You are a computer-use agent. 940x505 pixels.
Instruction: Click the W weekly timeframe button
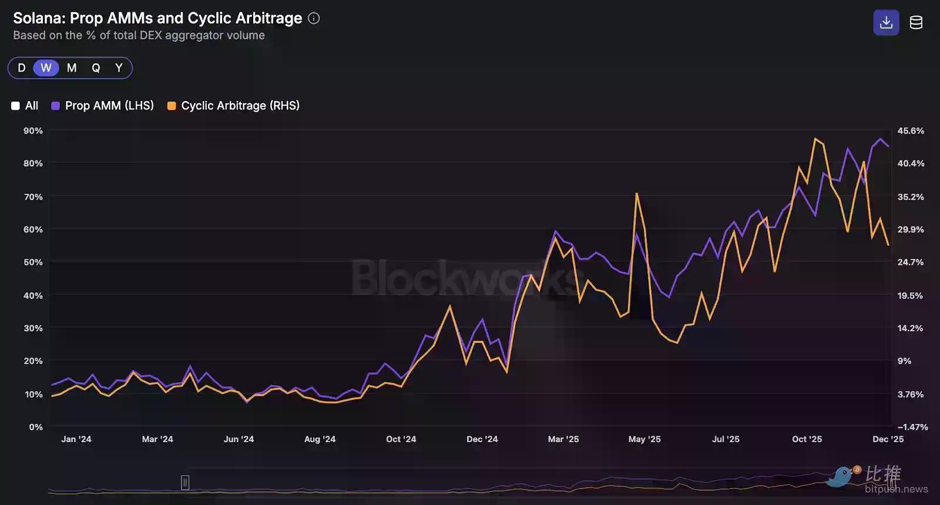click(46, 68)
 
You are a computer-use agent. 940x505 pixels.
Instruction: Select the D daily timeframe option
click(22, 68)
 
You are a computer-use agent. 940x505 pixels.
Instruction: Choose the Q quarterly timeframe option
click(96, 68)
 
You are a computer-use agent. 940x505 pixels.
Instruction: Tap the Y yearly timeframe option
click(119, 68)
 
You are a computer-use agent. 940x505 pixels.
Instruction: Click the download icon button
click(886, 23)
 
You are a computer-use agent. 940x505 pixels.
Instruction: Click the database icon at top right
click(916, 23)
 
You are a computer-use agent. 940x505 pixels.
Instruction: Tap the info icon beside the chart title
click(314, 18)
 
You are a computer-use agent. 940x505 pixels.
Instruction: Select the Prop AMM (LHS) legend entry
click(103, 106)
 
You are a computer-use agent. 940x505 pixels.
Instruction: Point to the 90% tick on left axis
click(33, 130)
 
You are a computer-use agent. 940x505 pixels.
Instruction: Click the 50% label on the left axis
click(33, 262)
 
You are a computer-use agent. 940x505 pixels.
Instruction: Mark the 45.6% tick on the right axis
click(911, 130)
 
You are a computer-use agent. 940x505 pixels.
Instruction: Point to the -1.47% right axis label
click(912, 427)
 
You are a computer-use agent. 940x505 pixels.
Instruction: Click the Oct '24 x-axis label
click(401, 439)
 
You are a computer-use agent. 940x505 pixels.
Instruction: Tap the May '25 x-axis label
click(644, 439)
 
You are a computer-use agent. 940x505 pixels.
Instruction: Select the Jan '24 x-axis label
click(76, 439)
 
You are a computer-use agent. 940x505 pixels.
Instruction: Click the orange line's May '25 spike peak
click(637, 193)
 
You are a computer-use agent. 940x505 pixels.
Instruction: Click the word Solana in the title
click(39, 18)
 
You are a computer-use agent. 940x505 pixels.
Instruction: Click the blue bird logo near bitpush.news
click(841, 476)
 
